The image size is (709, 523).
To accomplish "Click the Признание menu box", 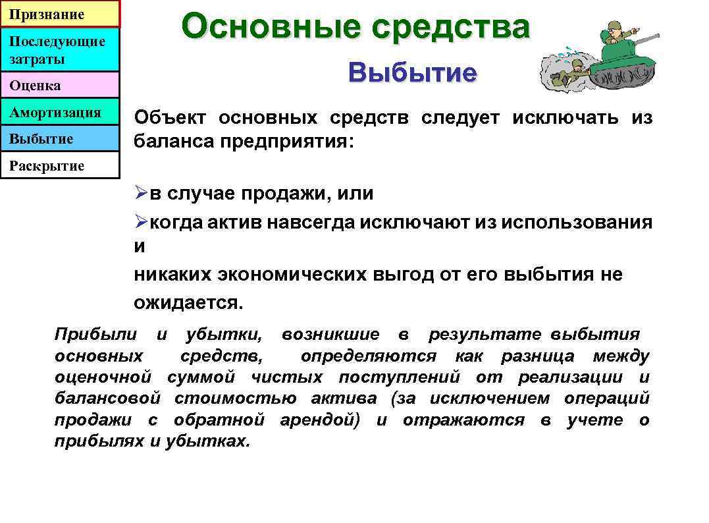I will coord(59,14).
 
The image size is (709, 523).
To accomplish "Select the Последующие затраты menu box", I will coord(59,50).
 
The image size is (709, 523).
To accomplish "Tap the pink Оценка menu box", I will coord(59,86).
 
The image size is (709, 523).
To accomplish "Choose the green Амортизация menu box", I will coord(59,113).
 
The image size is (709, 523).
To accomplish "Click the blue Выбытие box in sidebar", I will coord(59,139).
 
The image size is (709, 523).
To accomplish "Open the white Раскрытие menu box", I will coord(59,166).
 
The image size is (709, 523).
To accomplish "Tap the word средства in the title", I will coord(450,28).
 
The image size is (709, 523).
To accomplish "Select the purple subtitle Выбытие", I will coord(412,72).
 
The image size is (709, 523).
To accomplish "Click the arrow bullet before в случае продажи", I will coord(142,194).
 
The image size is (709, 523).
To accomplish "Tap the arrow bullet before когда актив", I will coord(142,223).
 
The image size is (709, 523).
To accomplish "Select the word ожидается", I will coord(188,303).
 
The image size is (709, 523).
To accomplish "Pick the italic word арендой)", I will coord(320,420).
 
